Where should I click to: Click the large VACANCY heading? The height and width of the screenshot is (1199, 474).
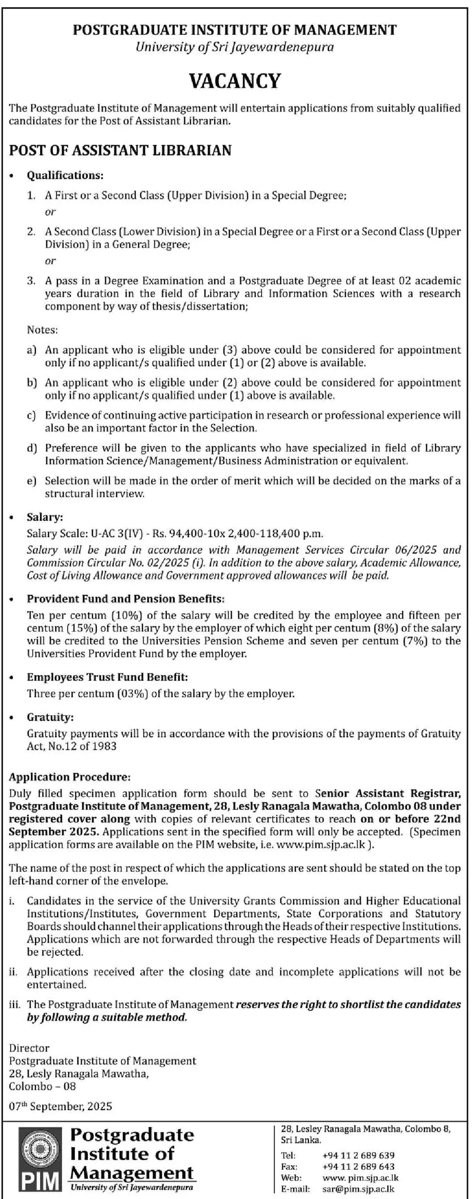click(235, 81)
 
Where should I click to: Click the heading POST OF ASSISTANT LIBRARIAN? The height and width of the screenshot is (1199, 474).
click(120, 150)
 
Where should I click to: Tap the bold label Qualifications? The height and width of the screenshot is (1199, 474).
click(65, 176)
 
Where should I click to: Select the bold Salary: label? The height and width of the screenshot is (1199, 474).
click(45, 517)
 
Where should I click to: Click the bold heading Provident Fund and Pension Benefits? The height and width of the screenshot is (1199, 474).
click(125, 599)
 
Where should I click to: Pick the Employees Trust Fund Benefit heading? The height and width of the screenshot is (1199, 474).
click(107, 677)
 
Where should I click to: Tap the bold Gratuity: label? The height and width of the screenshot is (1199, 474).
click(50, 717)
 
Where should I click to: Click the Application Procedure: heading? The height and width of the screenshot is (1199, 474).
click(69, 777)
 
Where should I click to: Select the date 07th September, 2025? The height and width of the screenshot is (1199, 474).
click(60, 1106)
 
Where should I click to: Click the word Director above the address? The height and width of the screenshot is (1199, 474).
click(29, 1048)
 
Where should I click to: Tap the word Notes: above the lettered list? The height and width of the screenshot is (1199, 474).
click(42, 329)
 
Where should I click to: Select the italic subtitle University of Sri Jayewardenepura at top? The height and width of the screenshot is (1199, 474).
click(234, 47)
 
